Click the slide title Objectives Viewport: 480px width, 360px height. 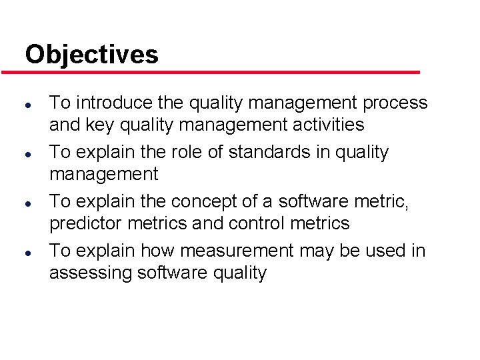(x=91, y=54)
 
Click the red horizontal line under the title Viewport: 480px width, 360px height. (x=220, y=72)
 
